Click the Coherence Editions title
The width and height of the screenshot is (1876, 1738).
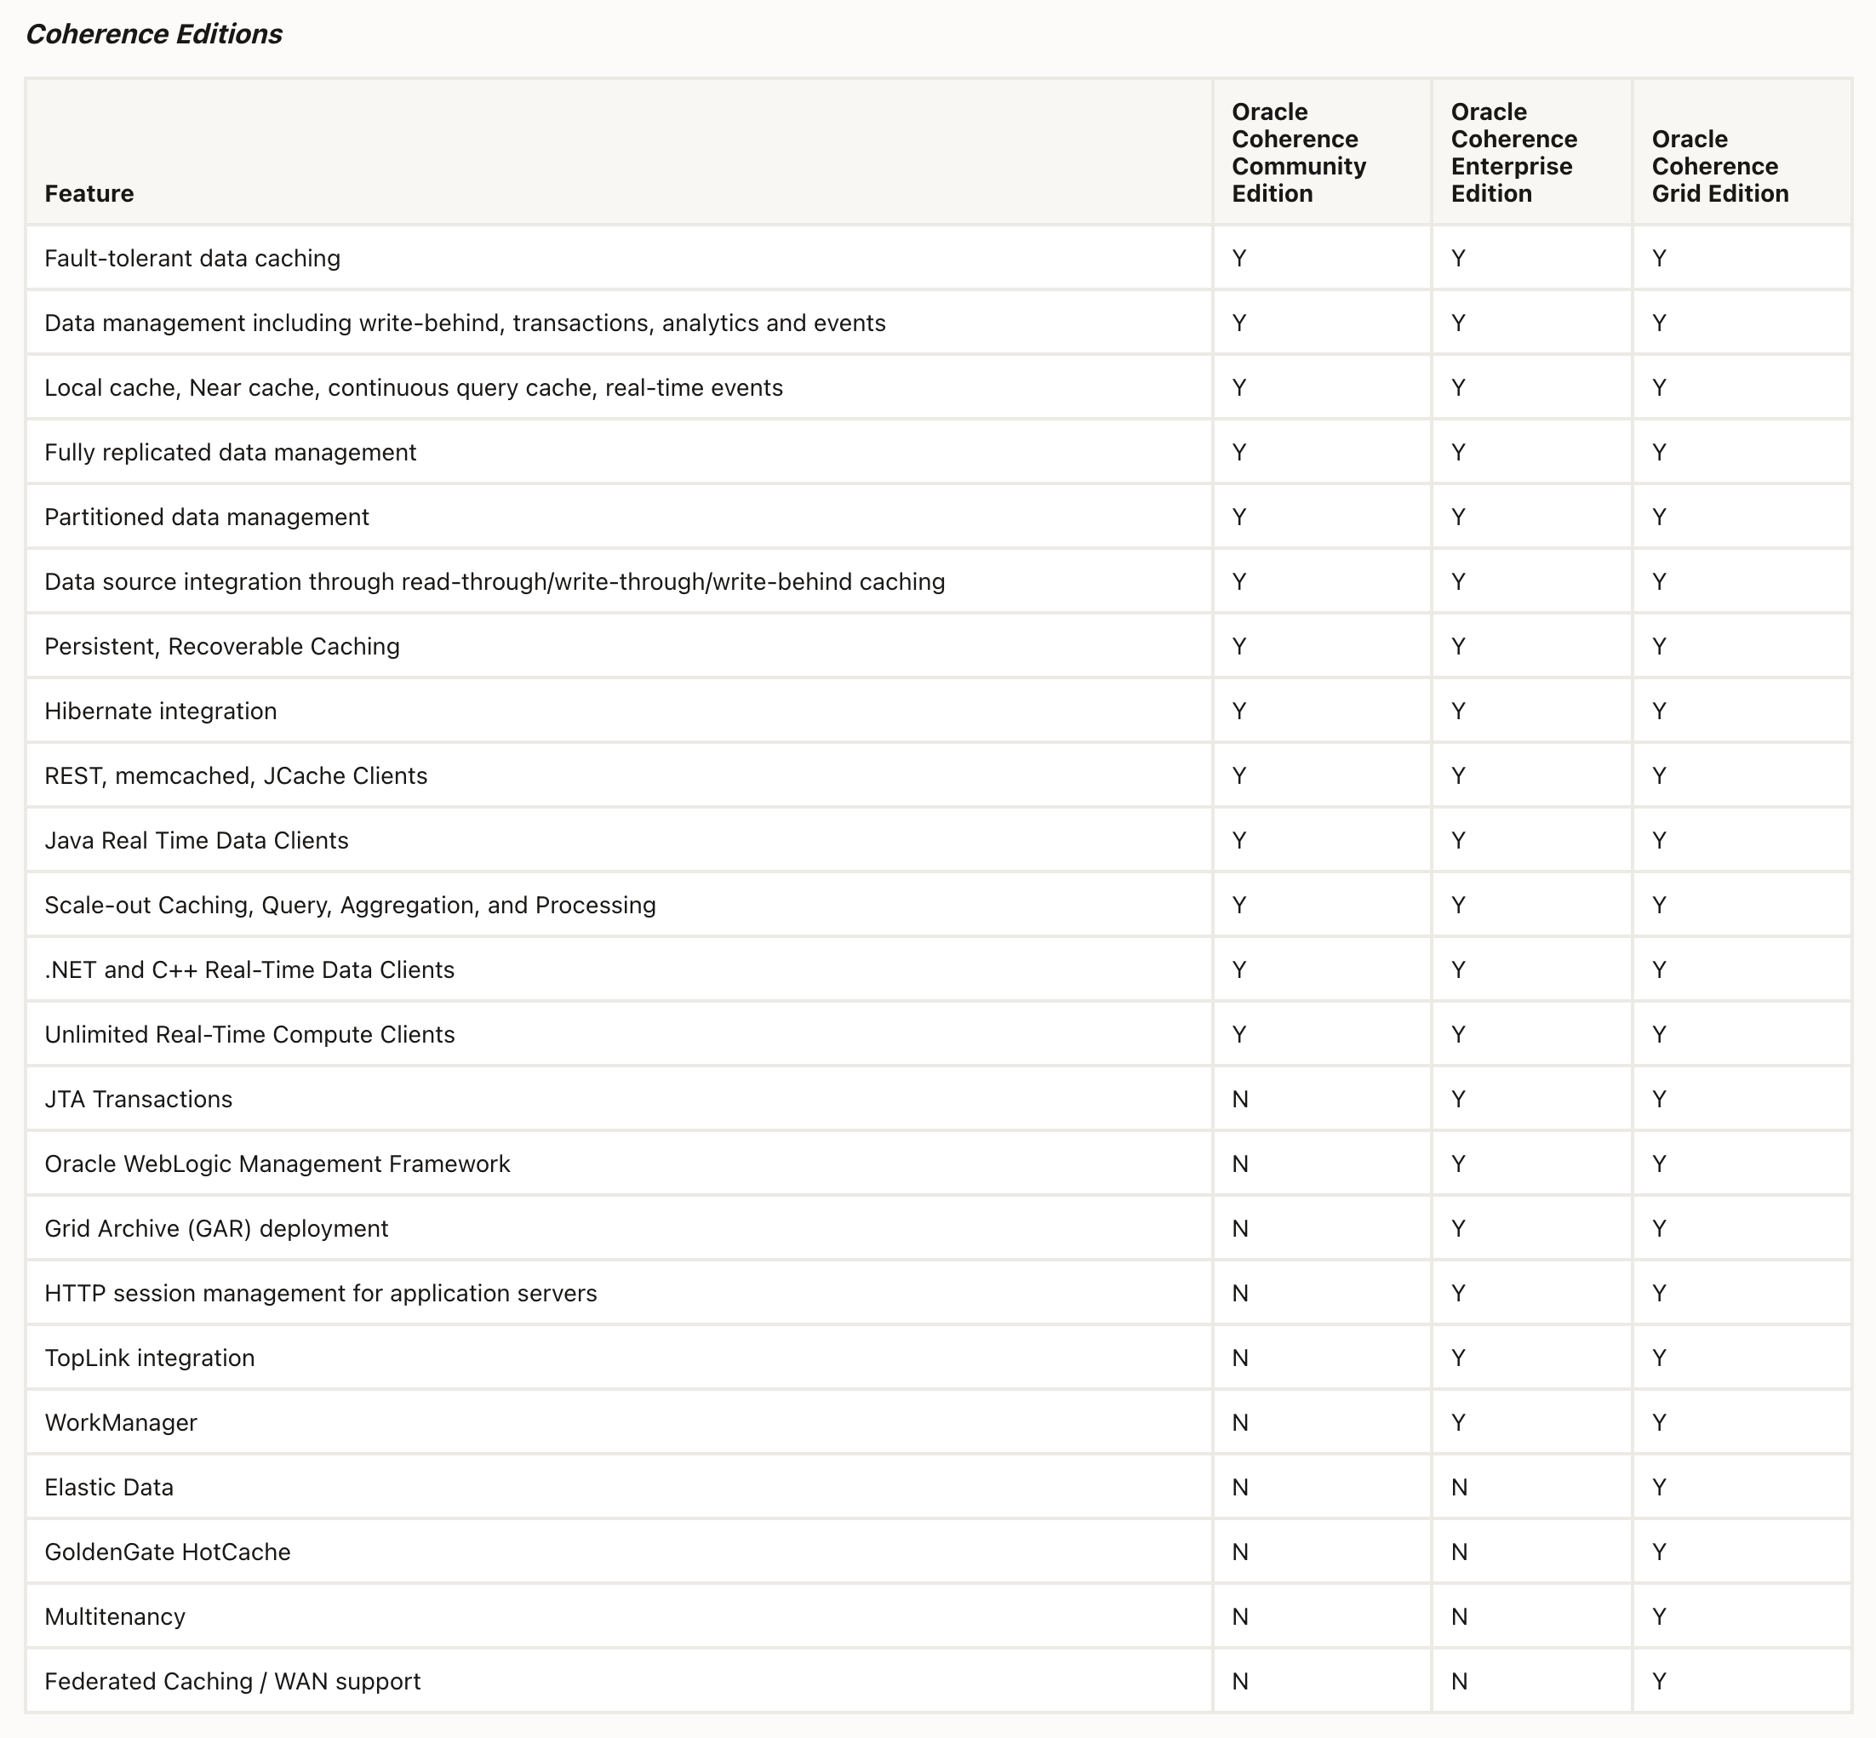[x=153, y=35]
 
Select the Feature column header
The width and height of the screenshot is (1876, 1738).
[x=89, y=194]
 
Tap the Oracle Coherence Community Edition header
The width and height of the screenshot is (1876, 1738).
[x=1298, y=152]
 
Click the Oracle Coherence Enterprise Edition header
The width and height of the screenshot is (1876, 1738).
[x=1513, y=152]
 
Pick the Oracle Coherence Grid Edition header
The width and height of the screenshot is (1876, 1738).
[x=1719, y=167]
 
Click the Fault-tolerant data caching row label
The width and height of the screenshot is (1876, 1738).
[x=192, y=259]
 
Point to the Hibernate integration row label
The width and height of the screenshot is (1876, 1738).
[x=161, y=711]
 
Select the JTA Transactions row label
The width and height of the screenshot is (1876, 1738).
[x=138, y=1100]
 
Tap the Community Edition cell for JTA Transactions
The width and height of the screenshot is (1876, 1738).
[x=1239, y=1100]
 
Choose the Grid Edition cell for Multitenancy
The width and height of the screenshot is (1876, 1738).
[x=1659, y=1616]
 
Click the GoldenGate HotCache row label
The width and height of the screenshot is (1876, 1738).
[x=168, y=1552]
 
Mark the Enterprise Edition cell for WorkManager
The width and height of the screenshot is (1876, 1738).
[x=1458, y=1423]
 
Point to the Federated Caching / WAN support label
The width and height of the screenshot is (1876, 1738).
[x=232, y=1682]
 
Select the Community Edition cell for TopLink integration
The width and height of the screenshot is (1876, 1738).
[x=1239, y=1358]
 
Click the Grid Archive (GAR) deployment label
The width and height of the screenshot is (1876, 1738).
[x=216, y=1229]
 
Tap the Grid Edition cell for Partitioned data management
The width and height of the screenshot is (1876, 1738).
[x=1659, y=517]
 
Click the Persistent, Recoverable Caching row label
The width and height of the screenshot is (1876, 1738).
[x=222, y=647]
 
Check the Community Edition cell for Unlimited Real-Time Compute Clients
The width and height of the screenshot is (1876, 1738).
[x=1239, y=1034]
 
